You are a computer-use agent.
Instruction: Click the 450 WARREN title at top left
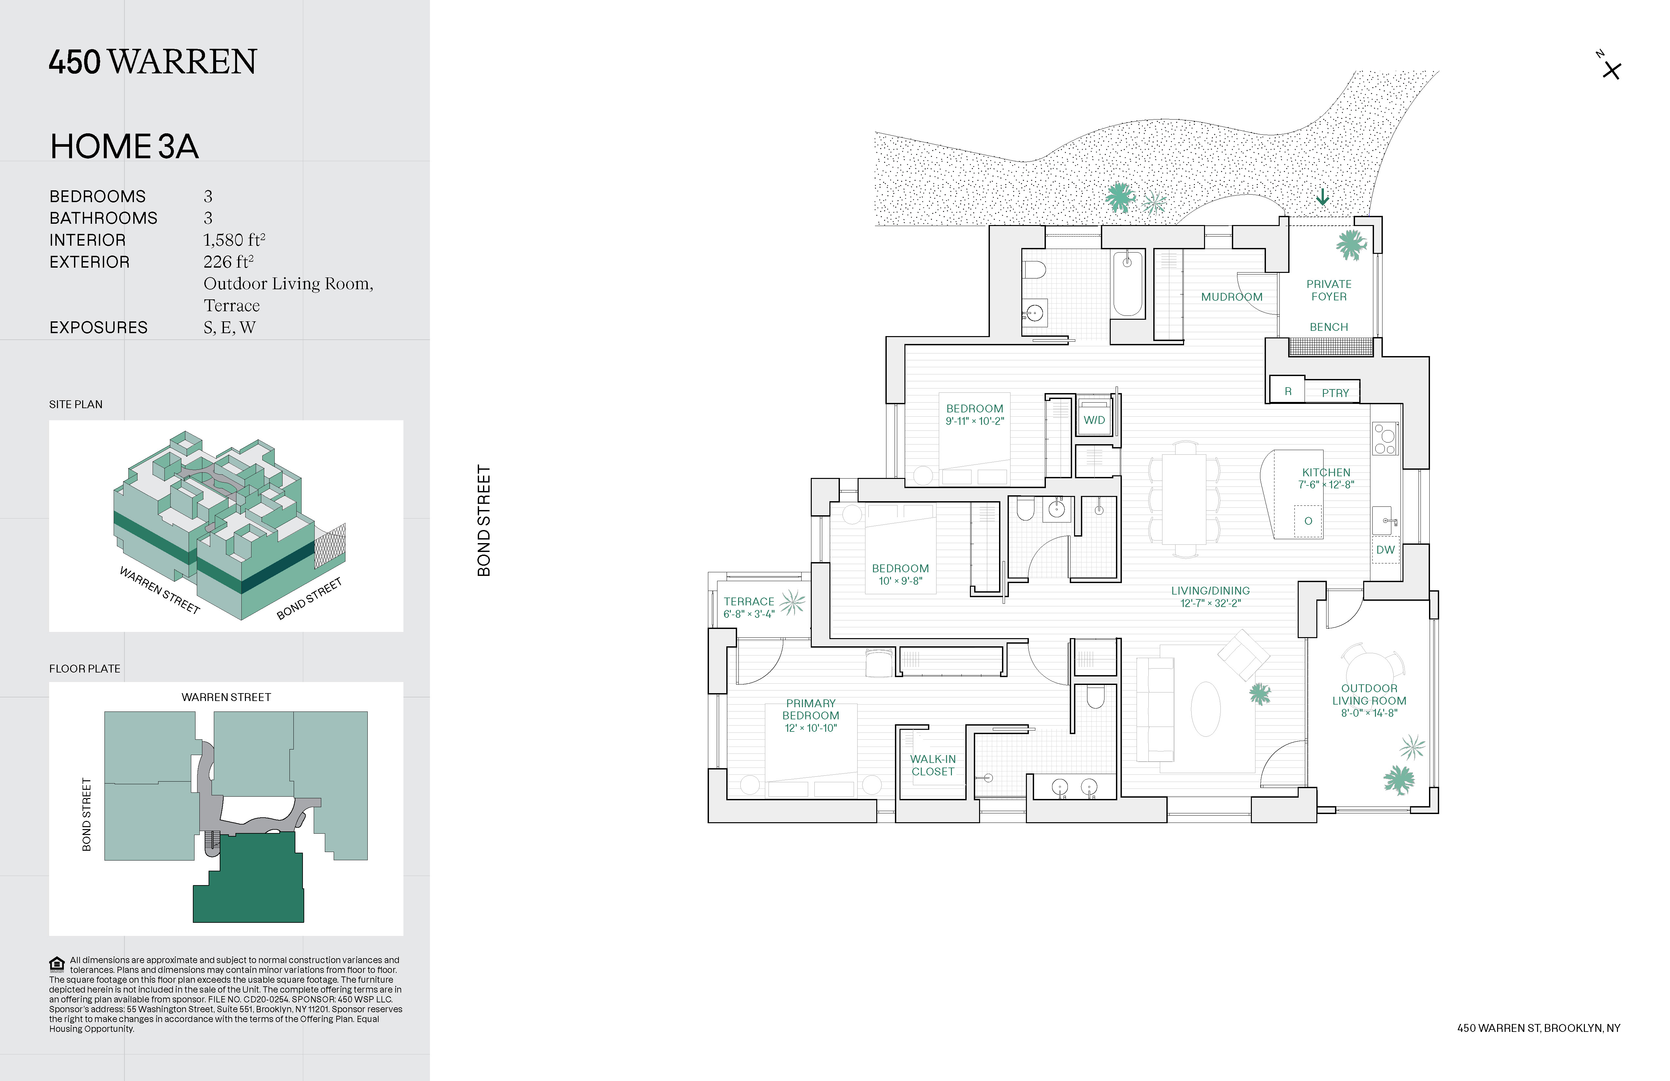point(153,62)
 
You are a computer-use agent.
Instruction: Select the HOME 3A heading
point(124,147)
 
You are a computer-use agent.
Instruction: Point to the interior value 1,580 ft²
point(234,240)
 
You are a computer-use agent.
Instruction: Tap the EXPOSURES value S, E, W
point(230,328)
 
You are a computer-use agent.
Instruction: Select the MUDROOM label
point(1232,297)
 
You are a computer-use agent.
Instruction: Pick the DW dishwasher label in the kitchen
point(1385,550)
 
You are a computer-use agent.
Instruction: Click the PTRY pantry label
point(1335,393)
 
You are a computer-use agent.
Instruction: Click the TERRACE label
point(749,601)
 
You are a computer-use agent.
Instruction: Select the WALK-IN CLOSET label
point(933,765)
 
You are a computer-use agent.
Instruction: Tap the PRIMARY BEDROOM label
point(810,709)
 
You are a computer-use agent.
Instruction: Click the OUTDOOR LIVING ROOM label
point(1369,694)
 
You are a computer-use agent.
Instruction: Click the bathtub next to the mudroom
point(1128,284)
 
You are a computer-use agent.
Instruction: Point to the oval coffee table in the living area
point(1205,709)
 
